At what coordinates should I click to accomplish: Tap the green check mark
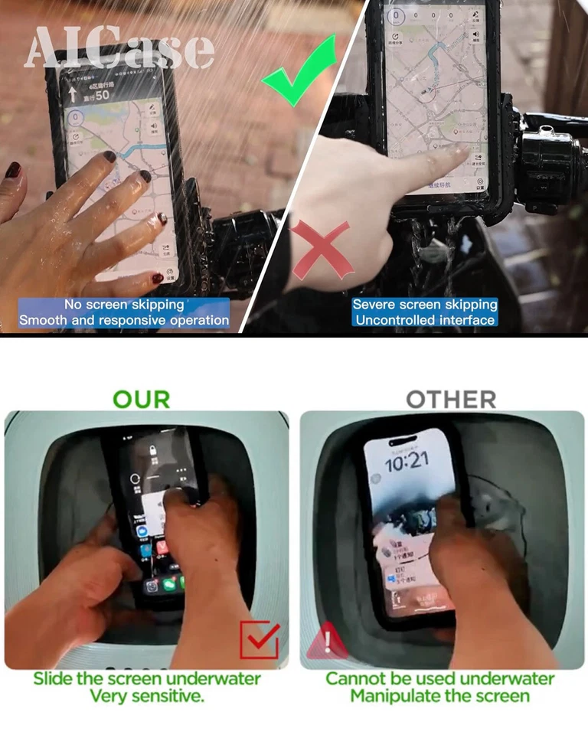[299, 77]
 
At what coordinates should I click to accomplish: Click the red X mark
[322, 250]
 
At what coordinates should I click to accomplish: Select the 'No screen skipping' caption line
[124, 305]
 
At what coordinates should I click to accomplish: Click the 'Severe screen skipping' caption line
[425, 305]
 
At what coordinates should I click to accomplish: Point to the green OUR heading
[142, 399]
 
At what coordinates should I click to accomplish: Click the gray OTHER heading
[451, 399]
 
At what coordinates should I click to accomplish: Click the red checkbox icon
[259, 640]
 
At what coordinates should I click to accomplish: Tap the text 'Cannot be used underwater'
[439, 678]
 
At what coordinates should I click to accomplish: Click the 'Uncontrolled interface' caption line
[425, 320]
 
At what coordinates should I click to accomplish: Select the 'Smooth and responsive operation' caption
[124, 320]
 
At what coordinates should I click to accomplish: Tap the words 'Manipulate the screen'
[439, 696]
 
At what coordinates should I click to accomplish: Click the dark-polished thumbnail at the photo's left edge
[14, 170]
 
